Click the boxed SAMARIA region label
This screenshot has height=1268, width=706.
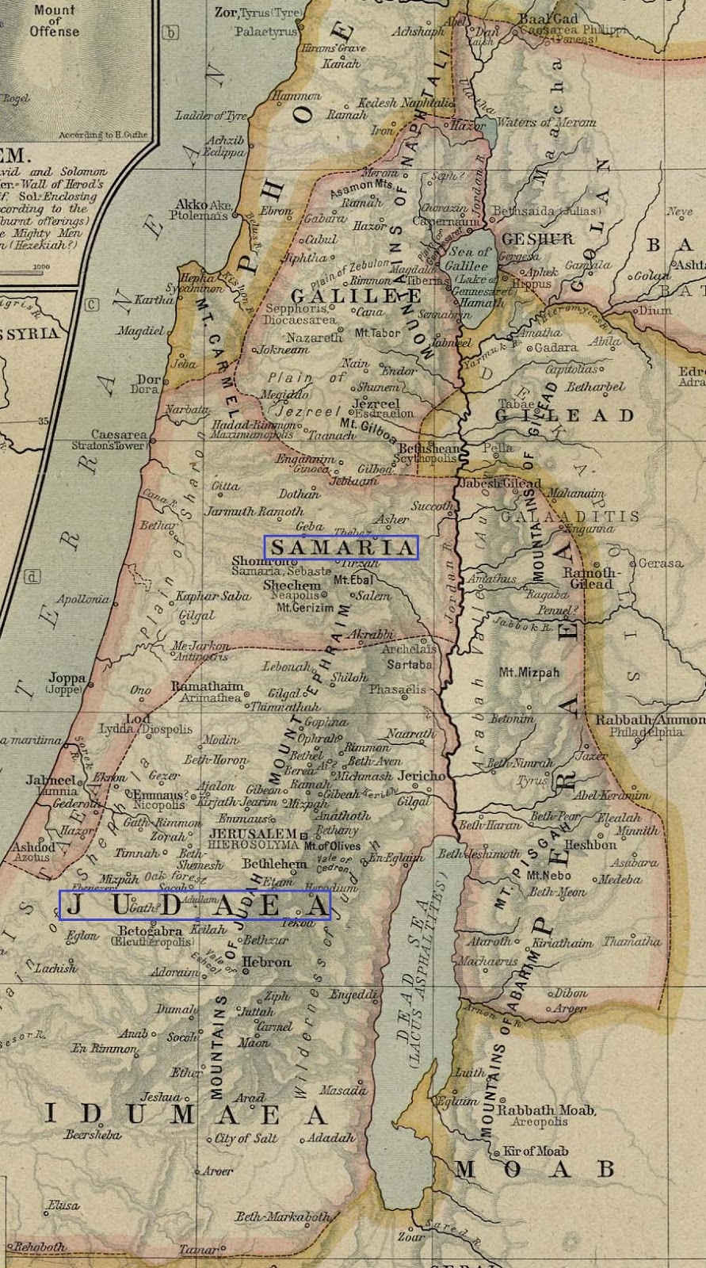pyautogui.click(x=342, y=548)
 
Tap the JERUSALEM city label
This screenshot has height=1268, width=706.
pyautogui.click(x=253, y=835)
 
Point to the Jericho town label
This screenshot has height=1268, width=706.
pyautogui.click(x=422, y=776)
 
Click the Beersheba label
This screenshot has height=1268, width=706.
pyautogui.click(x=93, y=1135)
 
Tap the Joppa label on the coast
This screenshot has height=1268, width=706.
pyautogui.click(x=67, y=678)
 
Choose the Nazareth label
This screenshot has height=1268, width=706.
pyautogui.click(x=315, y=338)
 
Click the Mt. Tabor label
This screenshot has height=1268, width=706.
pyautogui.click(x=378, y=333)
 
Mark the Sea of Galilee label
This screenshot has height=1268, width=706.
pyautogui.click(x=467, y=259)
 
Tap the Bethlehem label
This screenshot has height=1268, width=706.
pyautogui.click(x=274, y=864)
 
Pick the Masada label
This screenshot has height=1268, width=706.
pyautogui.click(x=343, y=1090)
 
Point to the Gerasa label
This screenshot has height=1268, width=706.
pyautogui.click(x=660, y=563)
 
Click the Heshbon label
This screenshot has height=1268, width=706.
pyautogui.click(x=590, y=845)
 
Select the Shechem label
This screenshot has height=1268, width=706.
pyautogui.click(x=292, y=585)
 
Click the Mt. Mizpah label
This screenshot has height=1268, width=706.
pyautogui.click(x=529, y=673)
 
